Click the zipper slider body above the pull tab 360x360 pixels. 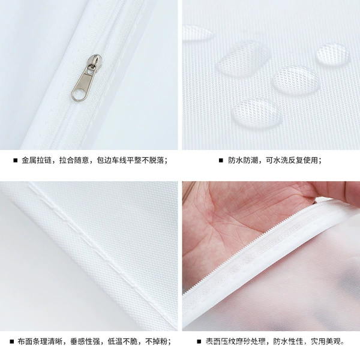(x=94, y=61)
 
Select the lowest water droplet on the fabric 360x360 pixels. (x=257, y=113)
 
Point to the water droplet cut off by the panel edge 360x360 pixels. (x=197, y=34)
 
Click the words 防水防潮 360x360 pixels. (x=243, y=160)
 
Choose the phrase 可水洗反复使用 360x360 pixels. (x=292, y=160)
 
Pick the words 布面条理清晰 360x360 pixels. (x=40, y=341)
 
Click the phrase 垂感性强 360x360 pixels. (x=85, y=341)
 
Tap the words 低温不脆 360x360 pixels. (x=122, y=341)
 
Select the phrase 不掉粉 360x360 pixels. (x=157, y=341)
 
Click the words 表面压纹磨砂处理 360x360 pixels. (x=236, y=341)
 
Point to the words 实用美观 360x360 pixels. (x=326, y=341)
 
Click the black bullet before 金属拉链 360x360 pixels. (x=16, y=160)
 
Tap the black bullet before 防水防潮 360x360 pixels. (x=221, y=160)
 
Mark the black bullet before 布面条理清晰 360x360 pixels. (x=12, y=341)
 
